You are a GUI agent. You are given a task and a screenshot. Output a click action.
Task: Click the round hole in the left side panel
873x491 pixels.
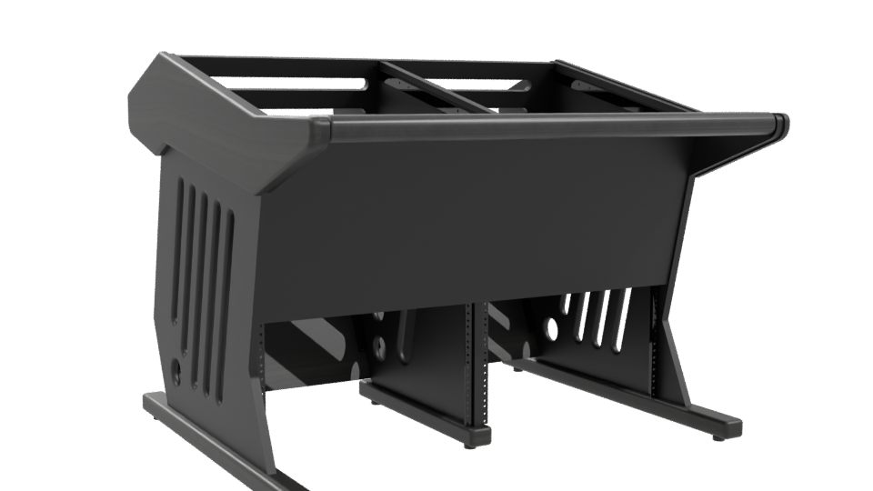point(175,371)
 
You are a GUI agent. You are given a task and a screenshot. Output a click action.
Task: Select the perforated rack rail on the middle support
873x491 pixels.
point(469,364)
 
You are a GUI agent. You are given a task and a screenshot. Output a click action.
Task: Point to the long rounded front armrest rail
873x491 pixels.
point(546,126)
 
